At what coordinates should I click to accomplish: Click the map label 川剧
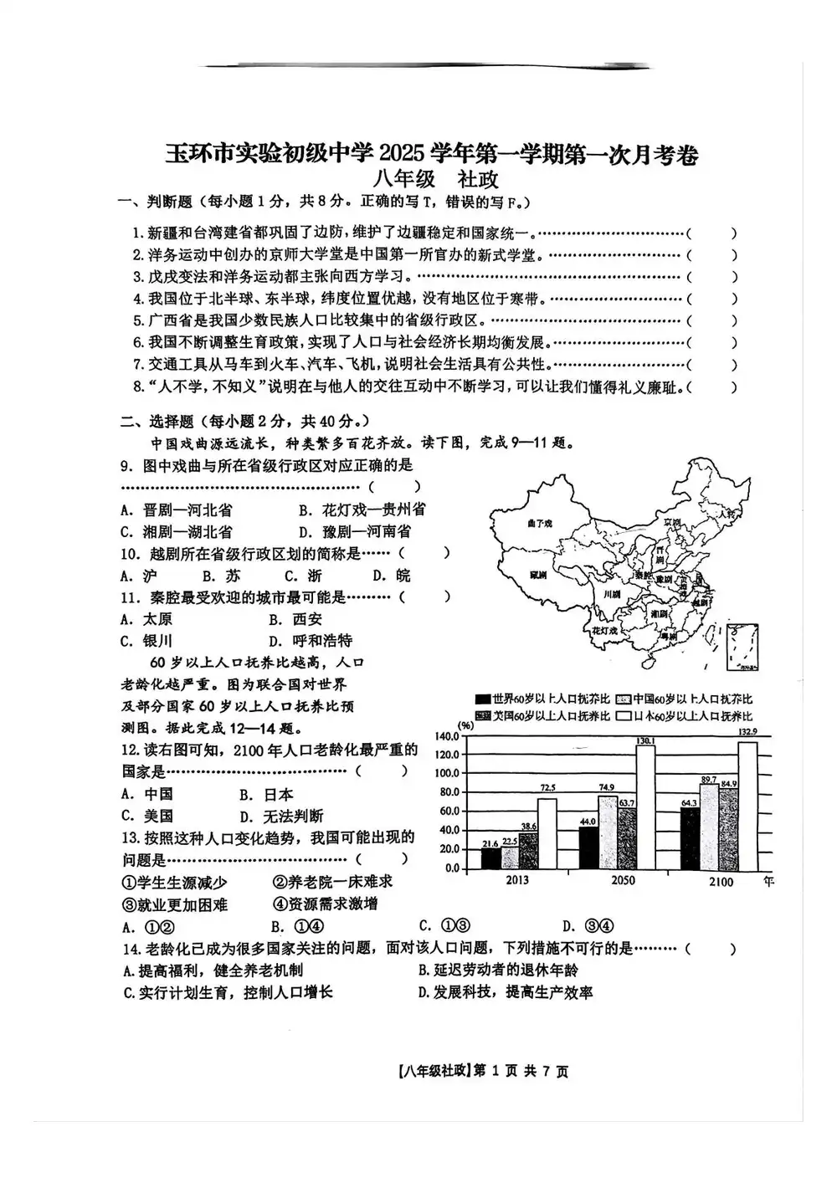612,594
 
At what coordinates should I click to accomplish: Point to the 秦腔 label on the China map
642,576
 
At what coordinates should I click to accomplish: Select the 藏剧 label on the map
538,576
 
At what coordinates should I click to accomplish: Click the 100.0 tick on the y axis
448,773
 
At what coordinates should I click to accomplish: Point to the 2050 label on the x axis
624,880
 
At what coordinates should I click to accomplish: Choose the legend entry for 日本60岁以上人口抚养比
683,716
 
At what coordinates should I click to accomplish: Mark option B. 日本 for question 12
266,794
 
